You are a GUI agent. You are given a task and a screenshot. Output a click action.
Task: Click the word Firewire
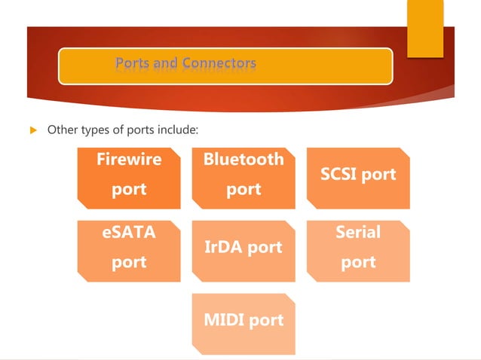(x=128, y=160)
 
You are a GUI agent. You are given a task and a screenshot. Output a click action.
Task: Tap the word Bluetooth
(x=244, y=160)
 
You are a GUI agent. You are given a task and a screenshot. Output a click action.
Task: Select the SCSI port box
(x=358, y=178)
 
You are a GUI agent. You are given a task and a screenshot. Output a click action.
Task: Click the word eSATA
(x=128, y=233)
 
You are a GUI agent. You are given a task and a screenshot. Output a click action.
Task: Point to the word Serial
(x=358, y=233)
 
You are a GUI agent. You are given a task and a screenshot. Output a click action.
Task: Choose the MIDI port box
(x=244, y=323)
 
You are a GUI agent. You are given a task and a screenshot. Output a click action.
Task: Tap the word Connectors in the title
(x=219, y=63)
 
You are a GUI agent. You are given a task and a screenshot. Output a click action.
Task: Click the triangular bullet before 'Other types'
(x=32, y=130)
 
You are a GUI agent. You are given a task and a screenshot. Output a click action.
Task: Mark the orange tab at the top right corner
(x=425, y=28)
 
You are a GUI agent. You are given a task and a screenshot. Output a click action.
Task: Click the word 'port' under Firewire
(x=128, y=189)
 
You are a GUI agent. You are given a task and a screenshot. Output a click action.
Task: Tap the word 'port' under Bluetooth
(x=244, y=189)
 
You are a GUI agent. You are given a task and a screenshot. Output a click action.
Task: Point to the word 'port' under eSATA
(x=128, y=262)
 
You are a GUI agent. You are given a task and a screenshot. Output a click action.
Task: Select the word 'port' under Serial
(x=358, y=262)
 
